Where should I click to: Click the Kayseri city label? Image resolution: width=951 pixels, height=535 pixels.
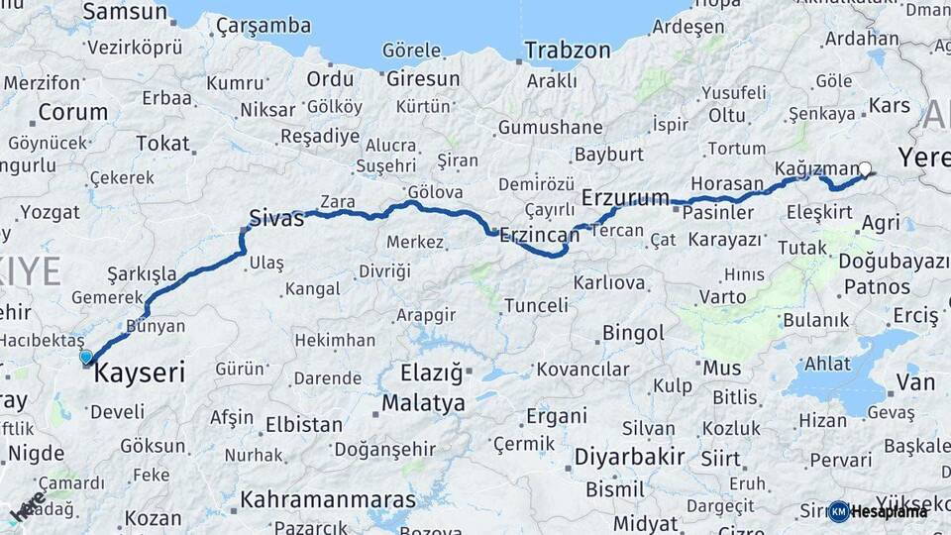pos(140,374)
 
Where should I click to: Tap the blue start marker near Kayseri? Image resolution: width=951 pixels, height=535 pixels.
pos(86,357)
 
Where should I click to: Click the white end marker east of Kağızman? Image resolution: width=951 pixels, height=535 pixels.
pos(866,168)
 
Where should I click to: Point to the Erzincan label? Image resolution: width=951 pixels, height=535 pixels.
pos(539,235)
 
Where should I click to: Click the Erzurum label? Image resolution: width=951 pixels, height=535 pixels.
pos(625,198)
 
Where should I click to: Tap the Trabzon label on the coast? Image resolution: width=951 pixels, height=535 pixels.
pos(568,50)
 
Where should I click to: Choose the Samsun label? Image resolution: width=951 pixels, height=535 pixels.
pos(125,12)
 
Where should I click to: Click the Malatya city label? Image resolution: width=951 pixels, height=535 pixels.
pos(423,403)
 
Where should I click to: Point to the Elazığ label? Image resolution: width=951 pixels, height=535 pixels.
pos(431,374)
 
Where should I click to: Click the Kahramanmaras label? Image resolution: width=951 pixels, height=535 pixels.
pos(329,498)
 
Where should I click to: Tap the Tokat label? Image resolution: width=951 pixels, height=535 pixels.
pos(162,144)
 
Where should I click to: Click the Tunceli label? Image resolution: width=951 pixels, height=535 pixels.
pos(536,305)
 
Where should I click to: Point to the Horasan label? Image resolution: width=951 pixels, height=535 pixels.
pos(727,183)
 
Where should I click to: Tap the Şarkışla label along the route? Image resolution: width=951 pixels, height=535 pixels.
pos(142,273)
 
